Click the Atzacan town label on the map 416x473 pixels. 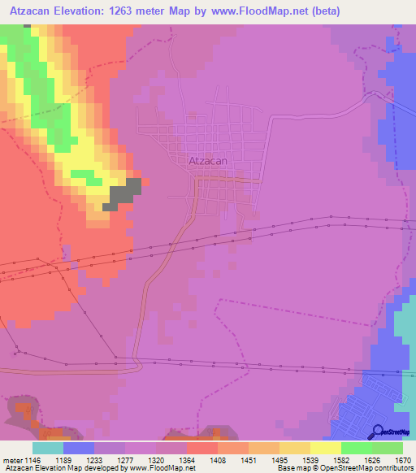[207, 161]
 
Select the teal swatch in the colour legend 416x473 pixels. [48, 447]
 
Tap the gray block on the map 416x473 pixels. [124, 193]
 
